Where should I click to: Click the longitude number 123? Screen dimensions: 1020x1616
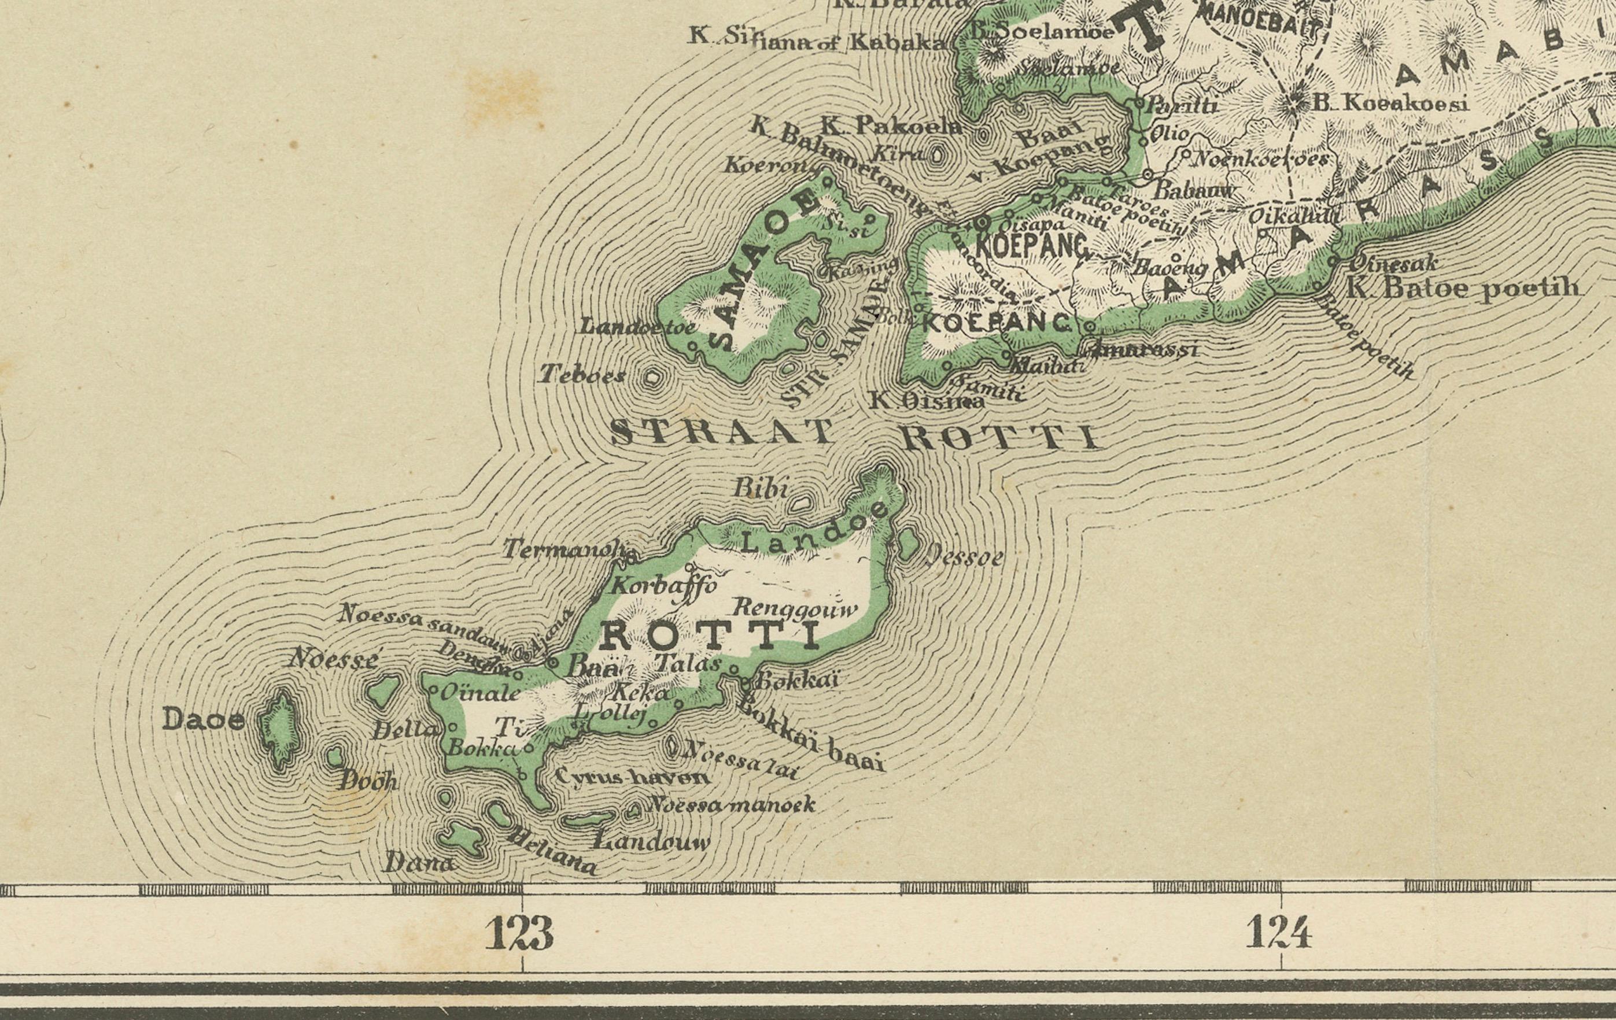[520, 932]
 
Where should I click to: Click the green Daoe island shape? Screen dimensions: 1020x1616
[280, 729]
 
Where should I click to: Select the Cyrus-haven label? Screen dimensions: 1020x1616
[632, 777]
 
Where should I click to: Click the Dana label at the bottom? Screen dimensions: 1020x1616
[419, 862]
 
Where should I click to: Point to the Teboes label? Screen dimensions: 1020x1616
[582, 374]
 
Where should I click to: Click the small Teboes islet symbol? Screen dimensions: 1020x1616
[652, 378]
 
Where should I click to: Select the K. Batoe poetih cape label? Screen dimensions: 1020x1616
[1463, 289]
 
